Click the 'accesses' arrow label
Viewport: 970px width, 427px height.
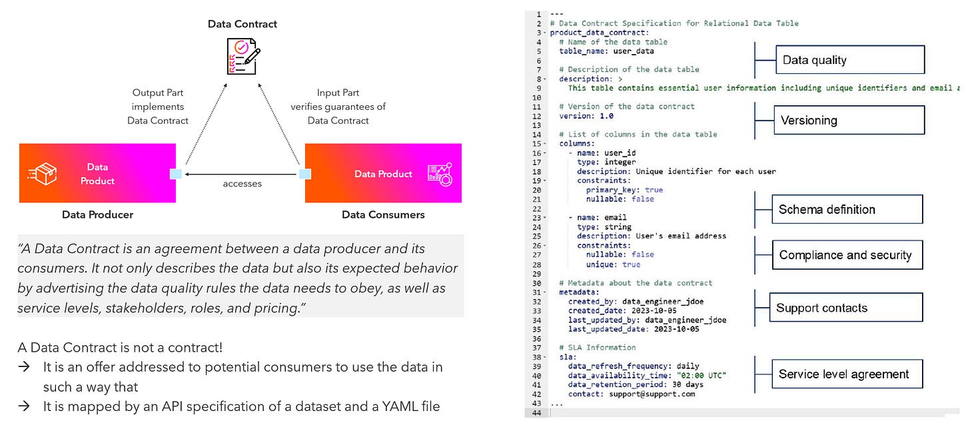pos(242,184)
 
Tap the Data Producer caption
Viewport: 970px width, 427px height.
pos(98,214)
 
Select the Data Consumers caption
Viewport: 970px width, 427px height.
pos(383,214)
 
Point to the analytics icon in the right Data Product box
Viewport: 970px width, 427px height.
pos(440,174)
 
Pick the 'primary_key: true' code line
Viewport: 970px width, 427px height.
pos(615,190)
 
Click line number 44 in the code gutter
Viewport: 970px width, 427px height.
pos(537,413)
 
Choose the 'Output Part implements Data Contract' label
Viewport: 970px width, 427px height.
pos(158,107)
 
